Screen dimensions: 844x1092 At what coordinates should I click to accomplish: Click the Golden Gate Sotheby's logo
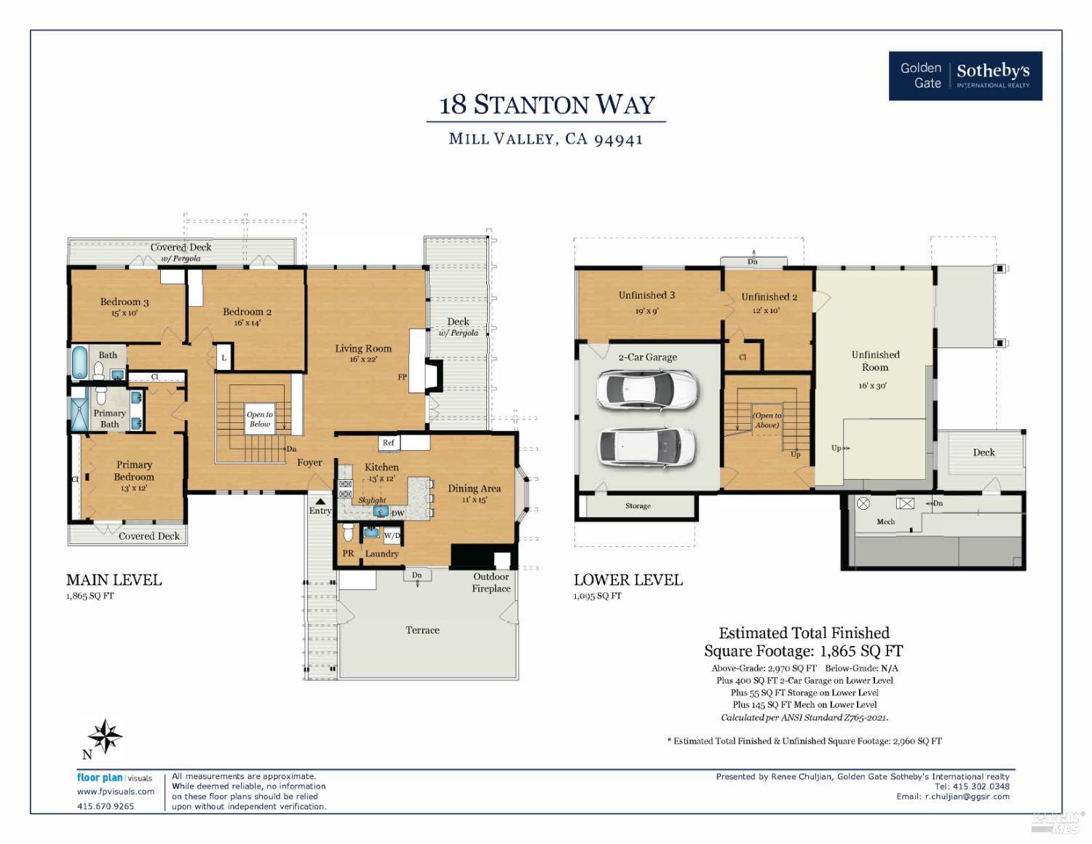pyautogui.click(x=965, y=76)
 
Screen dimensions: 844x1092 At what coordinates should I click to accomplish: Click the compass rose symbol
pyautogui.click(x=107, y=736)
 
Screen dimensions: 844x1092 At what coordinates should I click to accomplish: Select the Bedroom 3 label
pyautogui.click(x=124, y=302)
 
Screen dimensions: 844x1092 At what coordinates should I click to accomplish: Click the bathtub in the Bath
pyautogui.click(x=79, y=362)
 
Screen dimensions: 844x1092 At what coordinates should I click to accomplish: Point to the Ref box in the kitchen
pyautogui.click(x=389, y=443)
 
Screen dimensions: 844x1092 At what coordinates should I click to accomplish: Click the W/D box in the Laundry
pyautogui.click(x=392, y=536)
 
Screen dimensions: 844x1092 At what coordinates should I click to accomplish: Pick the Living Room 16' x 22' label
pyautogui.click(x=363, y=353)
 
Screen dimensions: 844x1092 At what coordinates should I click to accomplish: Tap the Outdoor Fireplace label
pyautogui.click(x=491, y=582)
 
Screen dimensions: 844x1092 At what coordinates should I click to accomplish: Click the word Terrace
pyautogui.click(x=422, y=630)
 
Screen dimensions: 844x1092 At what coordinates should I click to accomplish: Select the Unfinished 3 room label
pyautogui.click(x=646, y=296)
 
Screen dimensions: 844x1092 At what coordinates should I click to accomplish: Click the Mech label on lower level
pyautogui.click(x=885, y=521)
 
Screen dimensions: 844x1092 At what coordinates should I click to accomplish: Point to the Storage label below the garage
pyautogui.click(x=638, y=506)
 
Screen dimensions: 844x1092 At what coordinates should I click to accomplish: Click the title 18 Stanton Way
pyautogui.click(x=547, y=105)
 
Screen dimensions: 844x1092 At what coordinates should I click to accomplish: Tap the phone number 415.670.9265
pyautogui.click(x=106, y=806)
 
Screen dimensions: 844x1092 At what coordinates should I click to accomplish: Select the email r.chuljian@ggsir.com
pyautogui.click(x=967, y=796)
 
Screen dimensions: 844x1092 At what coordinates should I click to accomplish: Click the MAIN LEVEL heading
pyautogui.click(x=114, y=580)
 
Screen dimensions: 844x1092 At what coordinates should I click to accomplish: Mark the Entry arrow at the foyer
pyautogui.click(x=320, y=502)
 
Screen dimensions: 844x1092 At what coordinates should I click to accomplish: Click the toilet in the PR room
pyautogui.click(x=348, y=533)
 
